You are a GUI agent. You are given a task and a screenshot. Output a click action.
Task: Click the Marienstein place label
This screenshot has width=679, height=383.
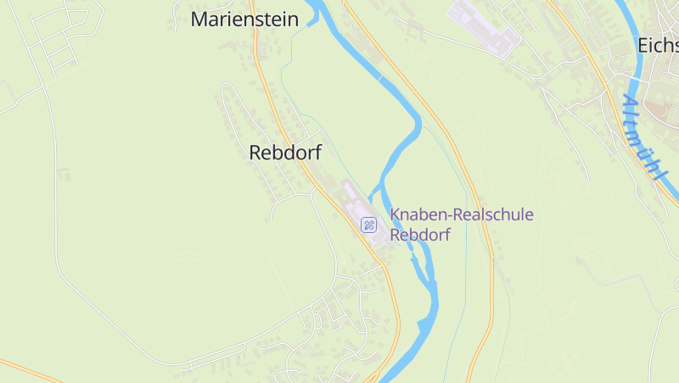(244, 19)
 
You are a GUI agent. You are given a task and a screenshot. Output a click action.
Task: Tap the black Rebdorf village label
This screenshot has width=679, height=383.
(285, 153)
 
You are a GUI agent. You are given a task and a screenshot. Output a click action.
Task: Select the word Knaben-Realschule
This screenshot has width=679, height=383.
(462, 214)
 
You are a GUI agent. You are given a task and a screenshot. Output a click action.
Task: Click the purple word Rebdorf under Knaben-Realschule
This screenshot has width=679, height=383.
(419, 235)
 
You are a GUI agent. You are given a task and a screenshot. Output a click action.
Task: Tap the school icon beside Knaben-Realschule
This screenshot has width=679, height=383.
(368, 225)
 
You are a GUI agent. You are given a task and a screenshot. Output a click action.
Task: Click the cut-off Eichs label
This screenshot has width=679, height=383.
(658, 46)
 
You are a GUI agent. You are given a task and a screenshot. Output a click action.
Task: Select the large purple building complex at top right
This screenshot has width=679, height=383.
(481, 25)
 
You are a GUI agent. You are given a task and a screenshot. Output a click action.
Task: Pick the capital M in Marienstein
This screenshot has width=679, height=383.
(200, 19)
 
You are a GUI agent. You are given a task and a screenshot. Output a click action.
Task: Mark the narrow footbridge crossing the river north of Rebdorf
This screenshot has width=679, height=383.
(380, 77)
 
